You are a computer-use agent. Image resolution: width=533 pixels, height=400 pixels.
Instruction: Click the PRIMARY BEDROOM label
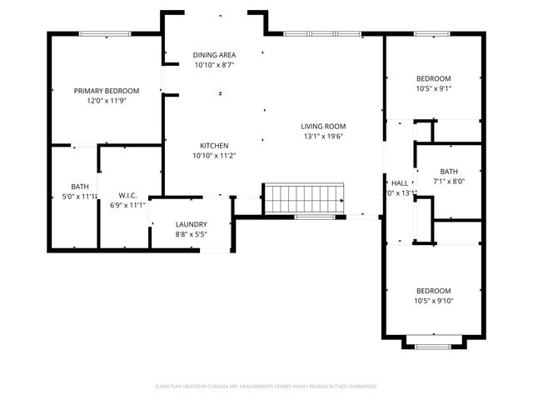pyautogui.click(x=106, y=91)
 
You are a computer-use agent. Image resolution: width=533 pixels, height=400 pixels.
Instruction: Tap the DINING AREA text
pyautogui.click(x=214, y=54)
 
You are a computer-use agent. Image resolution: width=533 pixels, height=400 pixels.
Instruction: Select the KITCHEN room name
pyautogui.click(x=214, y=145)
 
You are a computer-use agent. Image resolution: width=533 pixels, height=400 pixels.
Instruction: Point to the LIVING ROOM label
pyautogui.click(x=322, y=127)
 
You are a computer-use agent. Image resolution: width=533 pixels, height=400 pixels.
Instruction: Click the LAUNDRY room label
pyautogui.click(x=191, y=224)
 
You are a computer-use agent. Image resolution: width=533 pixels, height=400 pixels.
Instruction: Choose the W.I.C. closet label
pyautogui.click(x=127, y=172)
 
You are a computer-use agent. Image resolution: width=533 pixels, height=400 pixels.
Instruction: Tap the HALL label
pyautogui.click(x=400, y=182)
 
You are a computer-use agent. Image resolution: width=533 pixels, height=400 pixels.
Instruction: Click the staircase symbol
pyautogui.click(x=303, y=199)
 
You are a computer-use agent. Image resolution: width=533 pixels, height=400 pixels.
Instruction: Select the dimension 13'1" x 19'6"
pyautogui.click(x=322, y=137)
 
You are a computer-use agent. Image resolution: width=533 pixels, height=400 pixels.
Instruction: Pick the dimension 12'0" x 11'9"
pyautogui.click(x=106, y=101)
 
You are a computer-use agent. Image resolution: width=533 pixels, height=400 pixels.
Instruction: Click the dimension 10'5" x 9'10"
pyautogui.click(x=433, y=301)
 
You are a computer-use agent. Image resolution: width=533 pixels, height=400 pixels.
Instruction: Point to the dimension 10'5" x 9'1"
pyautogui.click(x=433, y=88)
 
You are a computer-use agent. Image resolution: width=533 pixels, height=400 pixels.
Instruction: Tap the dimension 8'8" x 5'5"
pyautogui.click(x=191, y=235)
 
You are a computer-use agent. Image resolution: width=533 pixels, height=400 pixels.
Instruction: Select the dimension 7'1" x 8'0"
pyautogui.click(x=449, y=181)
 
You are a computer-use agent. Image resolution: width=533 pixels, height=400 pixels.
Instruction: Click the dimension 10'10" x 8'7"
pyautogui.click(x=214, y=64)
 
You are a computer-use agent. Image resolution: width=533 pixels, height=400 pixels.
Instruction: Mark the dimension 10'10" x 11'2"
pyautogui.click(x=214, y=155)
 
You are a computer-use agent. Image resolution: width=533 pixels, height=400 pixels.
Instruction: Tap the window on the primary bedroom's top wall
pyautogui.click(x=105, y=34)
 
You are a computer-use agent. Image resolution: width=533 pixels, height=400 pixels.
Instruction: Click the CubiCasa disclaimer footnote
pyautogui.click(x=266, y=387)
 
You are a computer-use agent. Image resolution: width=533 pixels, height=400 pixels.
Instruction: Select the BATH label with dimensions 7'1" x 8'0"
pyautogui.click(x=449, y=171)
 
